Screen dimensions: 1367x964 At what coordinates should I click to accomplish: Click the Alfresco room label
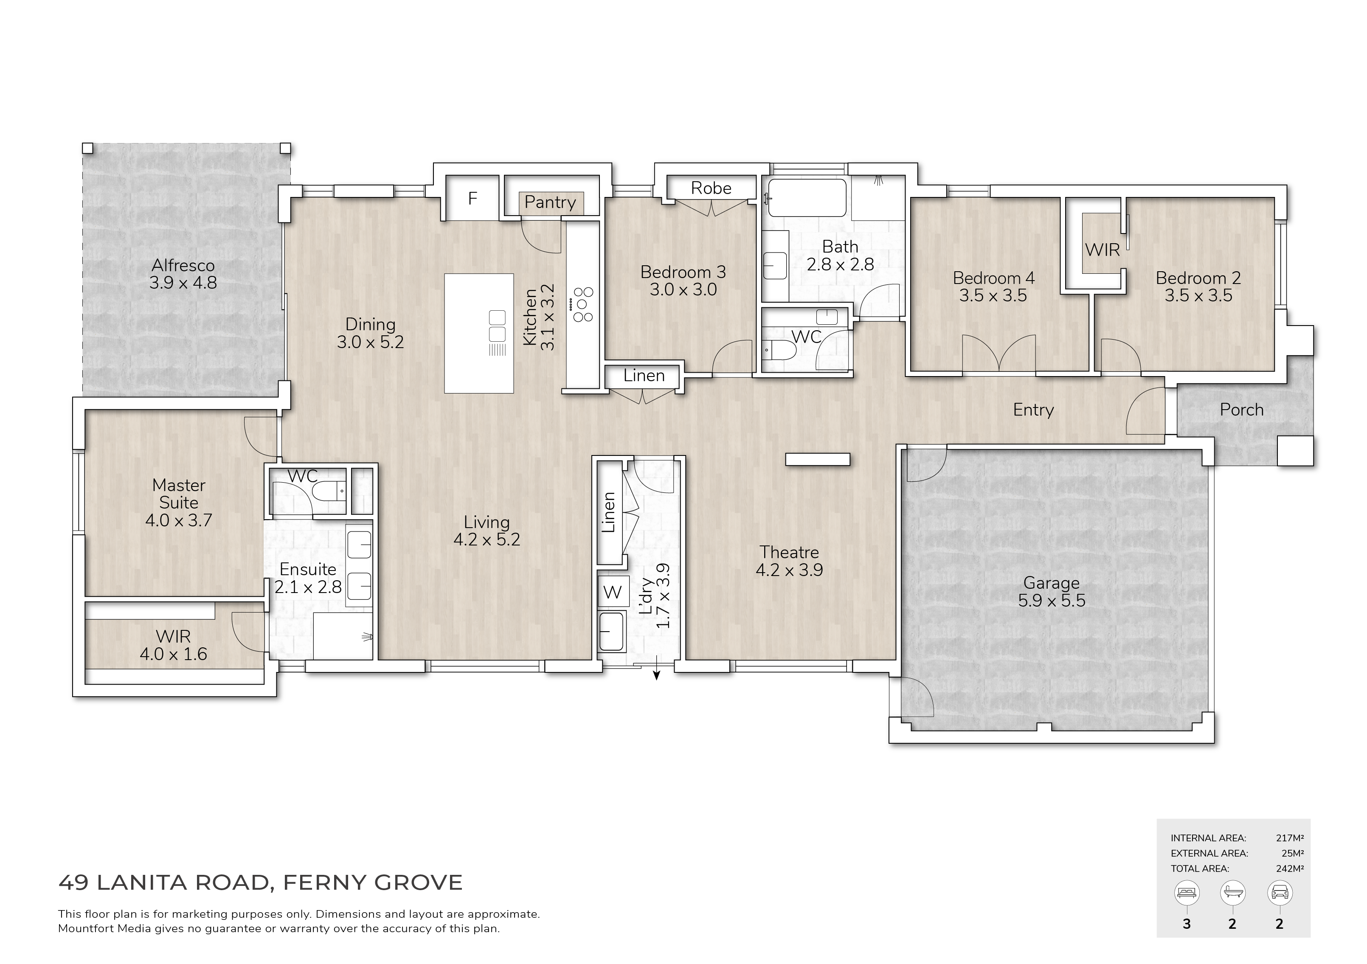(x=183, y=266)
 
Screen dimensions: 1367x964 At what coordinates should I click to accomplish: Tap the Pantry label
(x=550, y=202)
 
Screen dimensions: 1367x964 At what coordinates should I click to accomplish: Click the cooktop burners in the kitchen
(x=582, y=304)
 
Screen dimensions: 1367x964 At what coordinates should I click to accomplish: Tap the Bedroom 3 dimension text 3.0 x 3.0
(x=683, y=290)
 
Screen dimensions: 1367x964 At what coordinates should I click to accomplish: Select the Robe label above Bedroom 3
(x=711, y=188)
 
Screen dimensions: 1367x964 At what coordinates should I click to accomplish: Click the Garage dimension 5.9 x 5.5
(x=1052, y=600)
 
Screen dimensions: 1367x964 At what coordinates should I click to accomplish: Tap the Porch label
(x=1241, y=410)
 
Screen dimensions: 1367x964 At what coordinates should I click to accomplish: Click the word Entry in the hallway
(x=1034, y=410)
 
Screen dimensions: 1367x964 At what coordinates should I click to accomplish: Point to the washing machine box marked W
(x=613, y=592)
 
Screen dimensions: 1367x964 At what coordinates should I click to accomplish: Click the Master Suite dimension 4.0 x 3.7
(x=179, y=520)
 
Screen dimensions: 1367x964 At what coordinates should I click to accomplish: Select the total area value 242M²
(x=1290, y=869)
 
